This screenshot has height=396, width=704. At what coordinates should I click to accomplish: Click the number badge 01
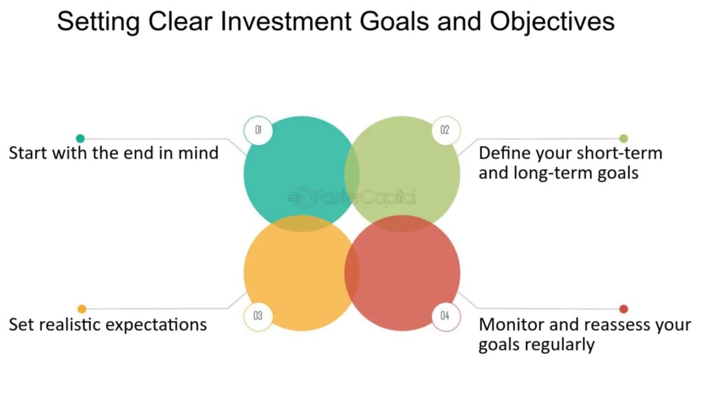tap(258, 131)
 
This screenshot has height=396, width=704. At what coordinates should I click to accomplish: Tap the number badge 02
tap(445, 131)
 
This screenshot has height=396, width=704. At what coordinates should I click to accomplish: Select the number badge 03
tap(258, 316)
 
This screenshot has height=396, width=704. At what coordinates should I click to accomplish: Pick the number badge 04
tap(445, 316)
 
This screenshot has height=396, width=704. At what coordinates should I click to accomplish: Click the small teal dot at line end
tap(80, 138)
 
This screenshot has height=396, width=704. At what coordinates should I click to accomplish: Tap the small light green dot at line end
tap(624, 138)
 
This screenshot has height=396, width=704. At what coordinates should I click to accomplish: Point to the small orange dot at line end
tap(82, 309)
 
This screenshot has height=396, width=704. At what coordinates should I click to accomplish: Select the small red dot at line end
tap(624, 309)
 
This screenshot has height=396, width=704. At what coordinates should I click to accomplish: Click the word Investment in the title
tap(286, 21)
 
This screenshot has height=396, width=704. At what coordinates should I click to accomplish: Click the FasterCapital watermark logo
tap(351, 197)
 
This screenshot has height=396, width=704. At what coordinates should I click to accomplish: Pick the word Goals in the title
tap(394, 21)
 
